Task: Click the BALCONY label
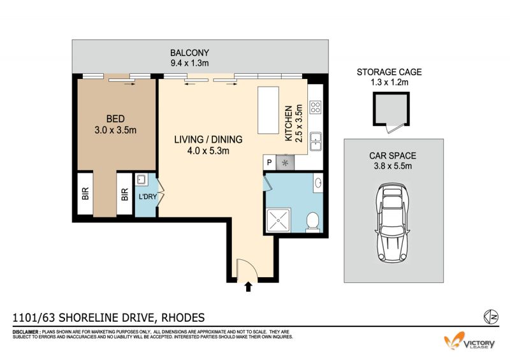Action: click(189, 53)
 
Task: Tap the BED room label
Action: click(115, 119)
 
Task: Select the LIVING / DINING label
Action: click(208, 140)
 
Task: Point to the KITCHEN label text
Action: click(288, 124)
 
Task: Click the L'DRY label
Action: click(148, 196)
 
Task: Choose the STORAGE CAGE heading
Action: click(389, 72)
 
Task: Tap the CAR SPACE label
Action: click(393, 155)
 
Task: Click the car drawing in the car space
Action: click(392, 223)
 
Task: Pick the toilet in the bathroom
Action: click(312, 222)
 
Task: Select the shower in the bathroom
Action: click(279, 220)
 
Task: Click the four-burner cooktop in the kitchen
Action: click(315, 107)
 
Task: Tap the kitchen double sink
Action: click(315, 141)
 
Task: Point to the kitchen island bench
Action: click(268, 110)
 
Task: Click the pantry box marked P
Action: click(269, 162)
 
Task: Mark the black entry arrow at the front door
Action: click(249, 287)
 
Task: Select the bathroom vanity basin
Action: click(318, 183)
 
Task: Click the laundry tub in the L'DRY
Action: click(142, 180)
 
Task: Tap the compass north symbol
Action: click(491, 317)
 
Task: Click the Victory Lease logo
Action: click(469, 341)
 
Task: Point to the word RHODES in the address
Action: click(183, 317)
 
